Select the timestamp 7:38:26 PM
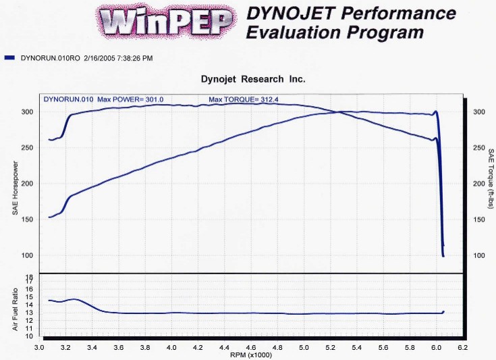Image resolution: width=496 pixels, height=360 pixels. pyautogui.click(x=129, y=59)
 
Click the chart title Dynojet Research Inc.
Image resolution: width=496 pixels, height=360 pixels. pyautogui.click(x=253, y=79)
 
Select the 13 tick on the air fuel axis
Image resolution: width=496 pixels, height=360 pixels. pyautogui.click(x=29, y=313)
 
